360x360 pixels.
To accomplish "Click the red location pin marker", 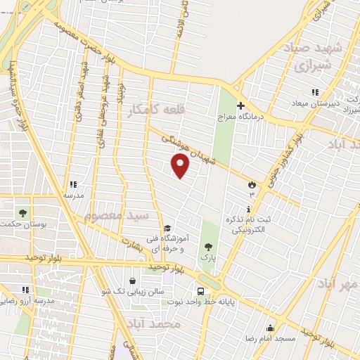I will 181,166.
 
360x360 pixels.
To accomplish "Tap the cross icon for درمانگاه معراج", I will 240,105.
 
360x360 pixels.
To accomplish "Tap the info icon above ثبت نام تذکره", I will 248,210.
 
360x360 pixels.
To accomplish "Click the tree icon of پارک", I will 207,246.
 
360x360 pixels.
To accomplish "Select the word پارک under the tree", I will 207,259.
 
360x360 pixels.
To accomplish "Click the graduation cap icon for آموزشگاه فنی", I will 167,228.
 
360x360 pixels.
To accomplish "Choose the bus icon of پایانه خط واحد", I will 202,291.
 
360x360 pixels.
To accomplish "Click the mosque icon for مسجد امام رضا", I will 270,327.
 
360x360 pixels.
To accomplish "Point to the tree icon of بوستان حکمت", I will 22,212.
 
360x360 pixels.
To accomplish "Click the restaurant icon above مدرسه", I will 73,184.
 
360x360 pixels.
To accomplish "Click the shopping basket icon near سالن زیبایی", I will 133,281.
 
